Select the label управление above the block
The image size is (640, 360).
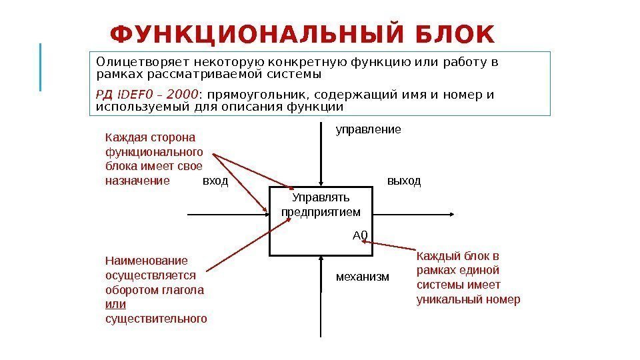coord(368,129)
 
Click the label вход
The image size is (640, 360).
coord(215,181)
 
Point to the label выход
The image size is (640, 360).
coord(404,181)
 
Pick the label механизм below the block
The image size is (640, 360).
coord(362,276)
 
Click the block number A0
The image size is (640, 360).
coord(360,235)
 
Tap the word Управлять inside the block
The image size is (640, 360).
coord(321,198)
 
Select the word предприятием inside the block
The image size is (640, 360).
coord(321,212)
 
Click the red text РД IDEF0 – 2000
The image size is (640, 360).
coord(147,94)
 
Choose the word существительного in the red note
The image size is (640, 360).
coord(156,319)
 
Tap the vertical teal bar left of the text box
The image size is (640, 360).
coord(41,67)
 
